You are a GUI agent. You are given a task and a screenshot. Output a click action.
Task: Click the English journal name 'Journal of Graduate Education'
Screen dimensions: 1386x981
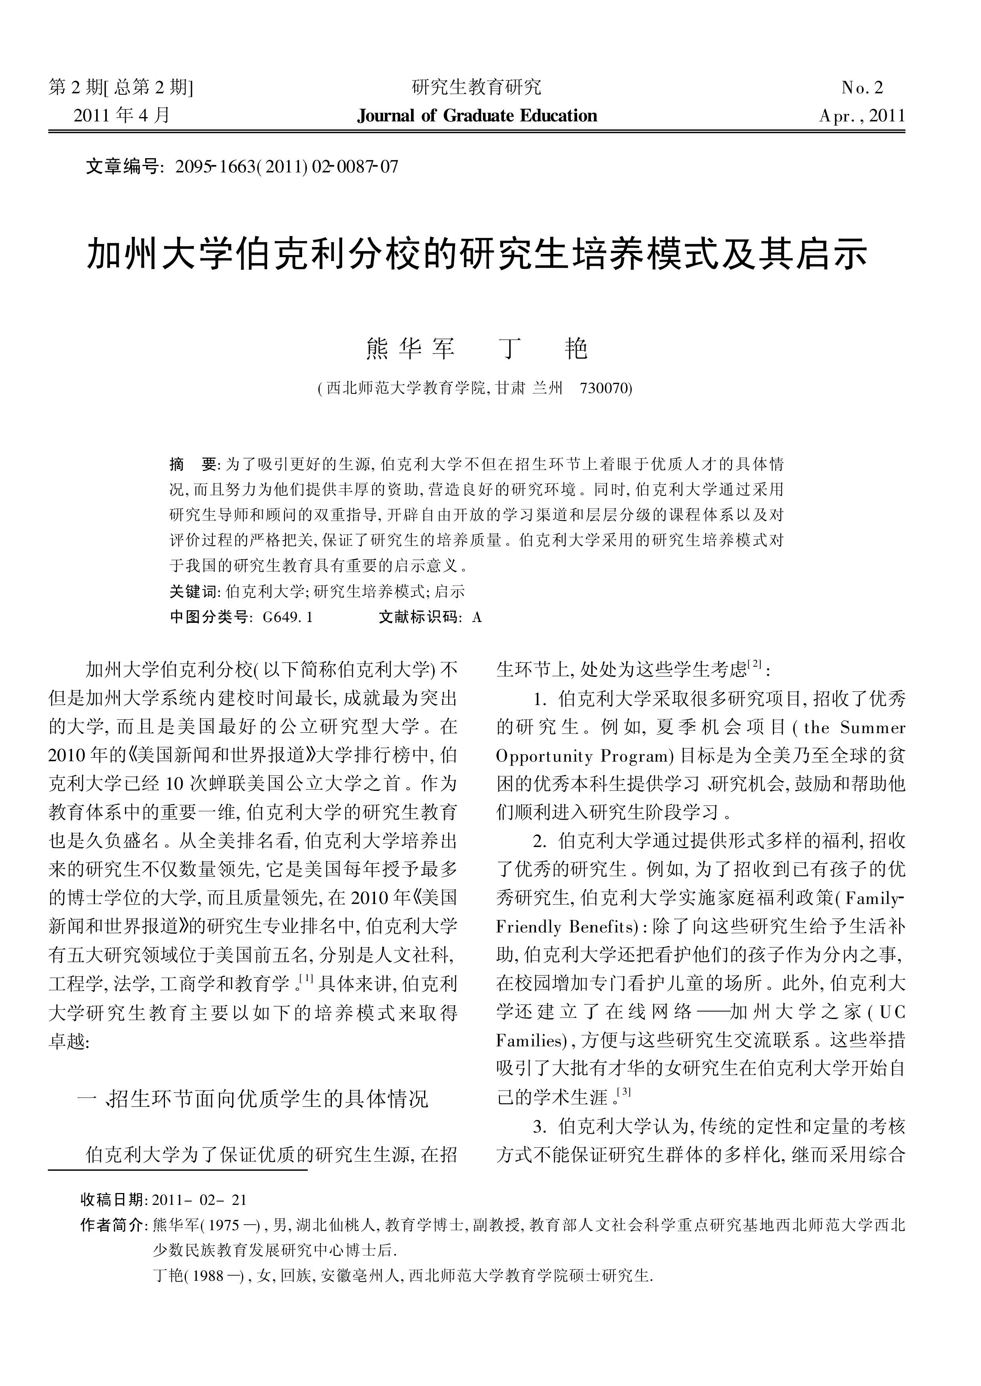[x=477, y=115]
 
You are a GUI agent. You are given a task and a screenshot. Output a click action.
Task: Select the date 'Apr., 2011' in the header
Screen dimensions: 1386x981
[x=862, y=115]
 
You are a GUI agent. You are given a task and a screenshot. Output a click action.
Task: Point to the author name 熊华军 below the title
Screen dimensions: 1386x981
[x=410, y=349]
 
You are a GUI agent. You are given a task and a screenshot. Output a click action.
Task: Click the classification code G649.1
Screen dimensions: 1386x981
[x=288, y=617]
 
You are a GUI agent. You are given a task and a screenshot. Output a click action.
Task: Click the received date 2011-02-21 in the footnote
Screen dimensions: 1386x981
[x=199, y=1199]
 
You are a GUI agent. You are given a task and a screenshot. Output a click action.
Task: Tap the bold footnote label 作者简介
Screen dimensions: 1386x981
[x=112, y=1225]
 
